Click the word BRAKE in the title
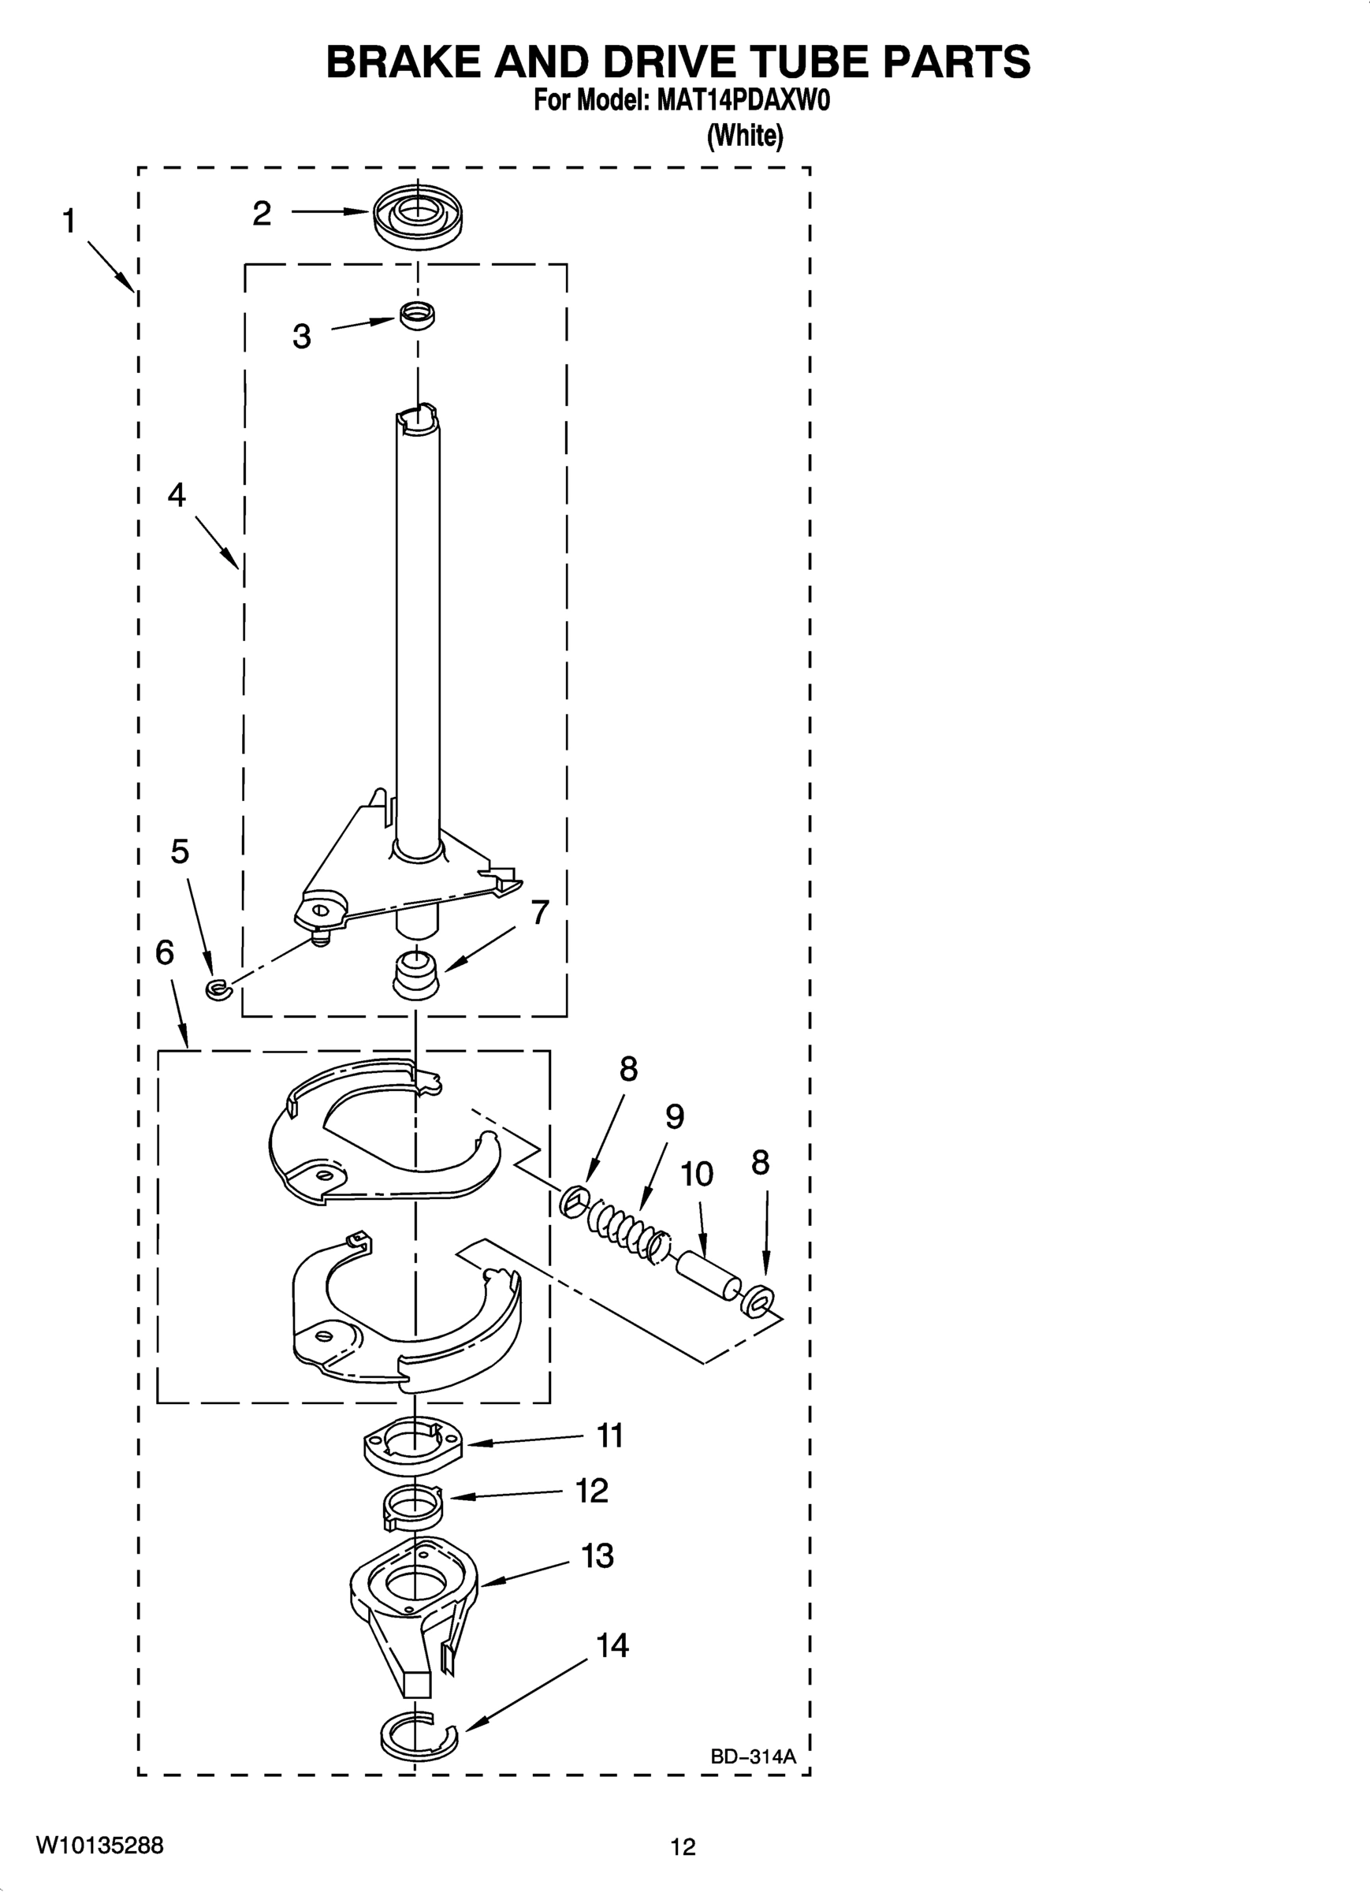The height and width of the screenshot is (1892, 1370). tap(401, 61)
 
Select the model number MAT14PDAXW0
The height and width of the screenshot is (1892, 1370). tap(743, 102)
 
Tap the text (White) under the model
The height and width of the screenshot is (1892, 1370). tap(745, 135)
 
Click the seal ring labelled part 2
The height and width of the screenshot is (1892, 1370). tap(418, 214)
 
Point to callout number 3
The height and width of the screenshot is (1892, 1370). tap(301, 337)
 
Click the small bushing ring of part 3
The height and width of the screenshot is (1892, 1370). tap(417, 315)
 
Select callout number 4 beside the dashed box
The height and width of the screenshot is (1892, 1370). tap(177, 495)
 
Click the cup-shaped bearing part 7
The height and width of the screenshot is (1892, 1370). tap(415, 974)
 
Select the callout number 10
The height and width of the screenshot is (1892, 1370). tap(697, 1175)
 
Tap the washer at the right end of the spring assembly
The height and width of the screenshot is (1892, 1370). tap(758, 1300)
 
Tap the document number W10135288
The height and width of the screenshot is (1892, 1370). tap(99, 1845)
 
